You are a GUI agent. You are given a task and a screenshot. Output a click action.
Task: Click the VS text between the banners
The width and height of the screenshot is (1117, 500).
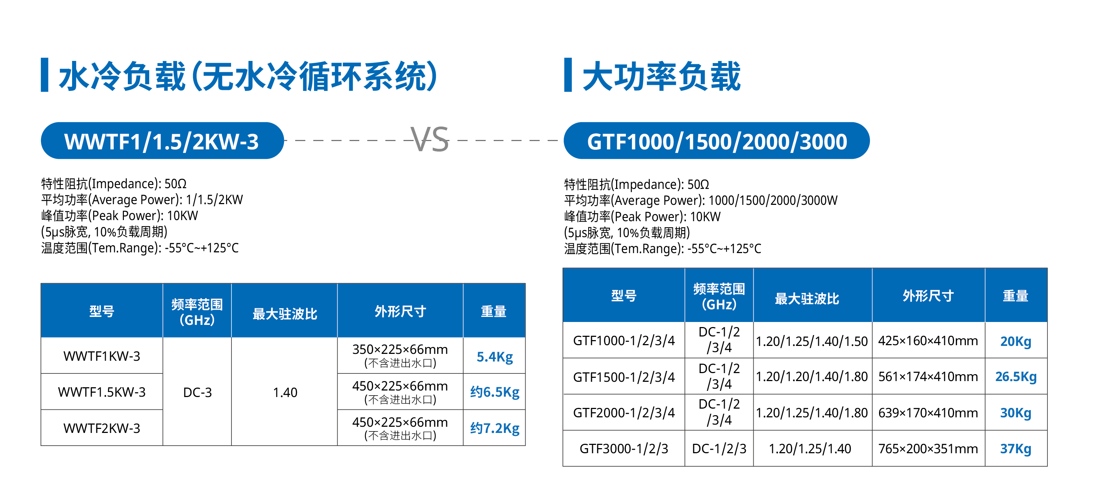click(429, 140)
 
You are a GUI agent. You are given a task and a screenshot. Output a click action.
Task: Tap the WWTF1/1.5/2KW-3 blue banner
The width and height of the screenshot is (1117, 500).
click(162, 141)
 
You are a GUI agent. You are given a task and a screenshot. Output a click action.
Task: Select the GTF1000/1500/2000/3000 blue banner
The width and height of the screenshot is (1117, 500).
click(716, 141)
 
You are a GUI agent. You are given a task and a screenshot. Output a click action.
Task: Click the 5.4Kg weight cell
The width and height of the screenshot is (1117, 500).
click(494, 356)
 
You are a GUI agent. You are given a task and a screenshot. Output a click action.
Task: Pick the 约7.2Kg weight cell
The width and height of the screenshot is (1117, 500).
click(494, 428)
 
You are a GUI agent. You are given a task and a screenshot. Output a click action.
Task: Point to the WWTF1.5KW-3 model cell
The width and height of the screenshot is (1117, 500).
click(101, 392)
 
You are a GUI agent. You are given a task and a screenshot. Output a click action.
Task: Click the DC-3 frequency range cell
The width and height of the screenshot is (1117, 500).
click(197, 392)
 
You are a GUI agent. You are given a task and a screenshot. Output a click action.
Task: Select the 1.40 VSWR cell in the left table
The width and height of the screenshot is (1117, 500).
click(285, 392)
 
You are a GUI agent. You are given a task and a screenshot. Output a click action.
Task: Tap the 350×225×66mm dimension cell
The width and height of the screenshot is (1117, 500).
click(400, 355)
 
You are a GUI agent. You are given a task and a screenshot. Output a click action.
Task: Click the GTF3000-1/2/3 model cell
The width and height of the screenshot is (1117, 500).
click(624, 449)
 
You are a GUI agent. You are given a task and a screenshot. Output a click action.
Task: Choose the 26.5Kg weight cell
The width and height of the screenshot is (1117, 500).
click(1016, 376)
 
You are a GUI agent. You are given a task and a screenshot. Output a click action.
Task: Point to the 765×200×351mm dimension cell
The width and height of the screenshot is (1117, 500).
click(928, 449)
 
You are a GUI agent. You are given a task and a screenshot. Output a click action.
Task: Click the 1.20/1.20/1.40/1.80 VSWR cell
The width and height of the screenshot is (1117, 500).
click(812, 376)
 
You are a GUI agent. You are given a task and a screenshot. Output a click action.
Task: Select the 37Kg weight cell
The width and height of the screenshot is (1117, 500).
click(1016, 449)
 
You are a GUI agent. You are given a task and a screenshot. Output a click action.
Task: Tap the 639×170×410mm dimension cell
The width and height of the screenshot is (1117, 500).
click(928, 412)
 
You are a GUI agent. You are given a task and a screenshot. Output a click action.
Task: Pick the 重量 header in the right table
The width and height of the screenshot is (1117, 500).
click(1016, 296)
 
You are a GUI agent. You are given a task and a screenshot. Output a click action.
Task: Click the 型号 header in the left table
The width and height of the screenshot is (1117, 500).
click(101, 311)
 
